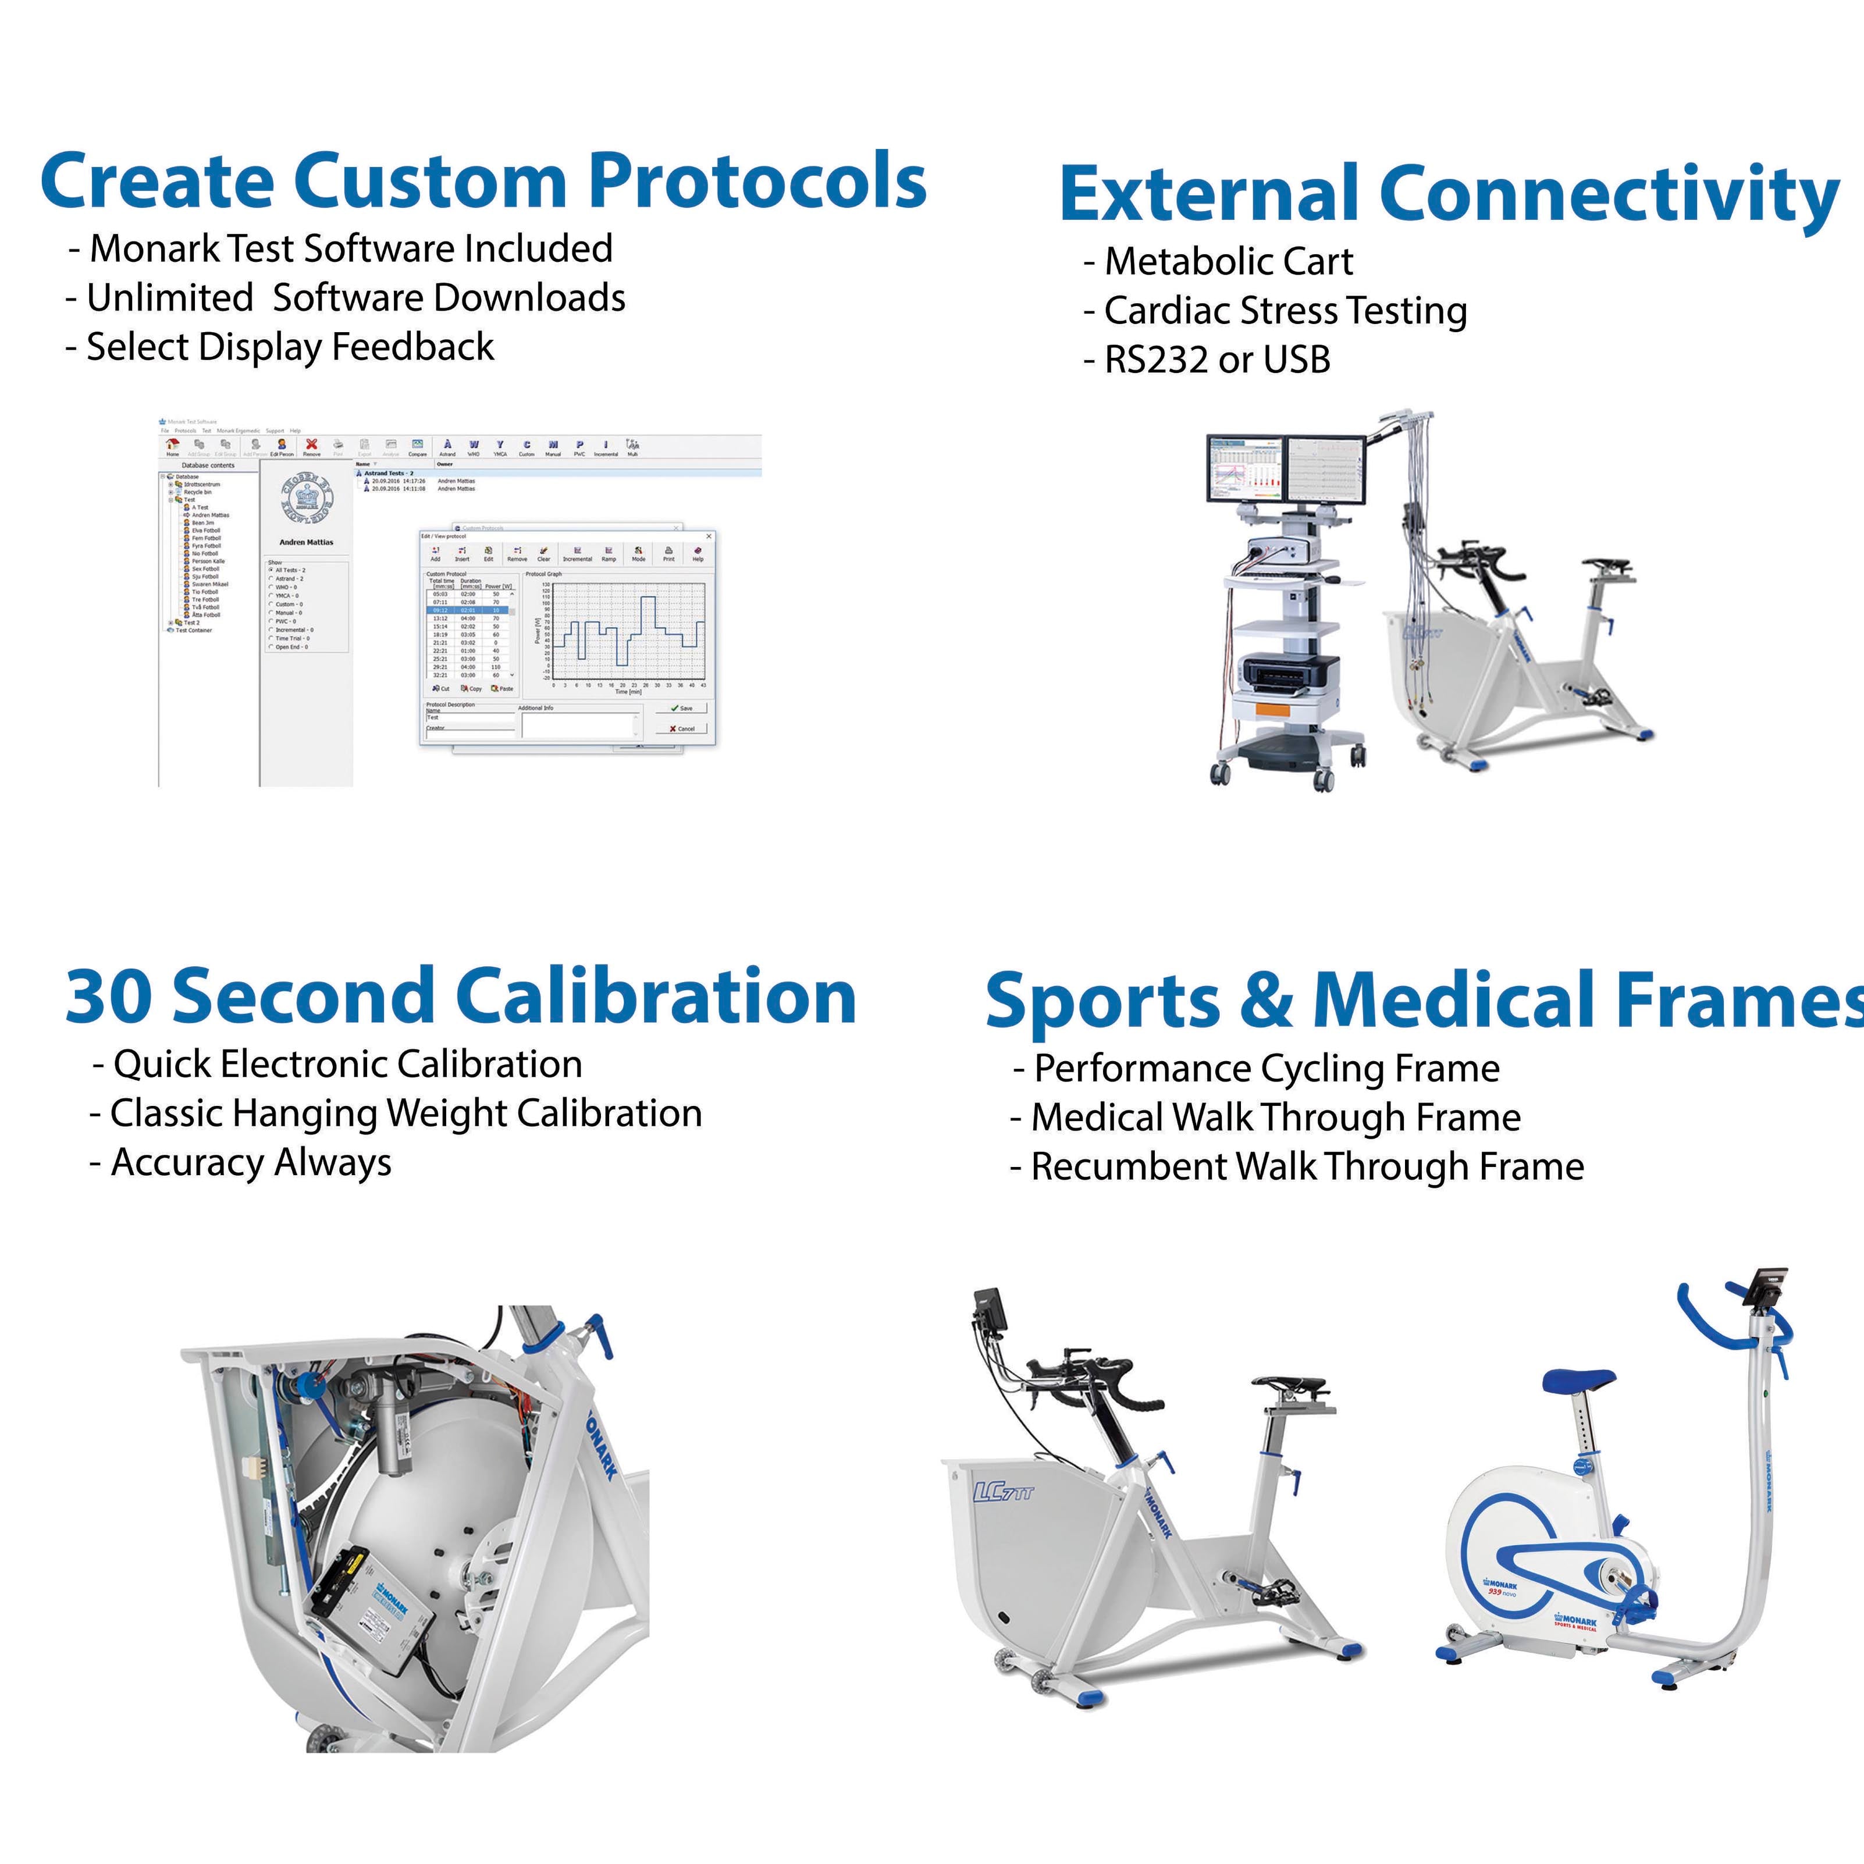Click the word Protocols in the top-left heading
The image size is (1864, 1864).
point(757,182)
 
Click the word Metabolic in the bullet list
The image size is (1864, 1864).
point(1168,261)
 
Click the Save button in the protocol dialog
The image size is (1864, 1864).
point(681,708)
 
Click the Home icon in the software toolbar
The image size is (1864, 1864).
point(173,445)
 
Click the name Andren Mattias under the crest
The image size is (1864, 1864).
point(306,542)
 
